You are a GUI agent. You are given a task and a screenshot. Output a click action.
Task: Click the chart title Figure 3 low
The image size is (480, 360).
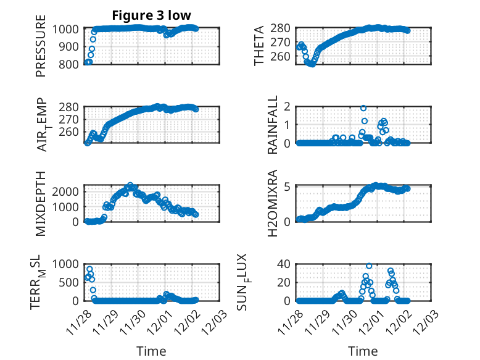151,15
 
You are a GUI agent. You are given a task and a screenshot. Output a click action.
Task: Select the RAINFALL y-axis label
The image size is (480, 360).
273,125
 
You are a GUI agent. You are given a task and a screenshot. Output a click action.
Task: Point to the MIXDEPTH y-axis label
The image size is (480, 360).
41,203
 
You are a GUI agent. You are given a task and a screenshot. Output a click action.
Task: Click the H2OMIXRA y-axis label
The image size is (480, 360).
273,203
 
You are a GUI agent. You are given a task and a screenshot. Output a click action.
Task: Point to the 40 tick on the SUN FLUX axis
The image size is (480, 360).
283,264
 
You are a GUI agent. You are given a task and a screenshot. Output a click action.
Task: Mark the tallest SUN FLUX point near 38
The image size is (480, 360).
369,266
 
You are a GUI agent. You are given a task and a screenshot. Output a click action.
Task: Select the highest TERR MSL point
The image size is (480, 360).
89,269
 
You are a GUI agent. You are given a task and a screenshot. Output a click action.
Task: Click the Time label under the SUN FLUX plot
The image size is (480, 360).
363,351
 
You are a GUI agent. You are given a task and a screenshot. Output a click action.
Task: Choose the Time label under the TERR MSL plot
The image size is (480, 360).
151,351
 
